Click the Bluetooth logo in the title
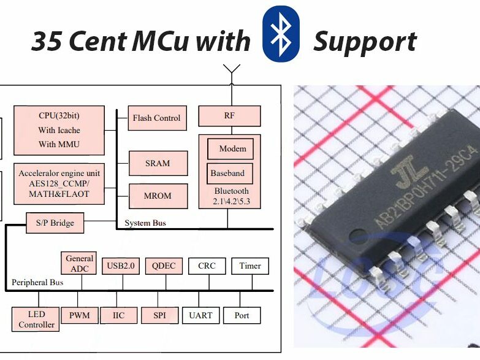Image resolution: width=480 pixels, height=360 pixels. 281,35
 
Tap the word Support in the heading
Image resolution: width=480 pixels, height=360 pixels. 365,42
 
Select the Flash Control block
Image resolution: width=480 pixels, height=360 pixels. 156,118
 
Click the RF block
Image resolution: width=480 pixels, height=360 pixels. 229,116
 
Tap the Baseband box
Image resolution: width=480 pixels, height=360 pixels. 228,173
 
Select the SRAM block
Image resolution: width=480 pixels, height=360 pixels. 157,163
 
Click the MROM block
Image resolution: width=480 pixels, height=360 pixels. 157,196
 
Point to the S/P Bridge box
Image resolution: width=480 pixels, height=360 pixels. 55,223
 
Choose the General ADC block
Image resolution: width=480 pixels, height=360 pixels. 79,263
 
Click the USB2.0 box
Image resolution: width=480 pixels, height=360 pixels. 121,266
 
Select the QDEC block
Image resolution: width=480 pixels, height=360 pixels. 164,266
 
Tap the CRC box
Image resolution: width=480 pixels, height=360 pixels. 207,266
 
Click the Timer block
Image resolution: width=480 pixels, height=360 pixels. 250,266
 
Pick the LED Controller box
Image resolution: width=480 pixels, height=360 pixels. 36,320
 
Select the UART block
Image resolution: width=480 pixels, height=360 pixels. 200,315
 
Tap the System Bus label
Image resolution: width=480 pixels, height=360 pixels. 145,223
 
